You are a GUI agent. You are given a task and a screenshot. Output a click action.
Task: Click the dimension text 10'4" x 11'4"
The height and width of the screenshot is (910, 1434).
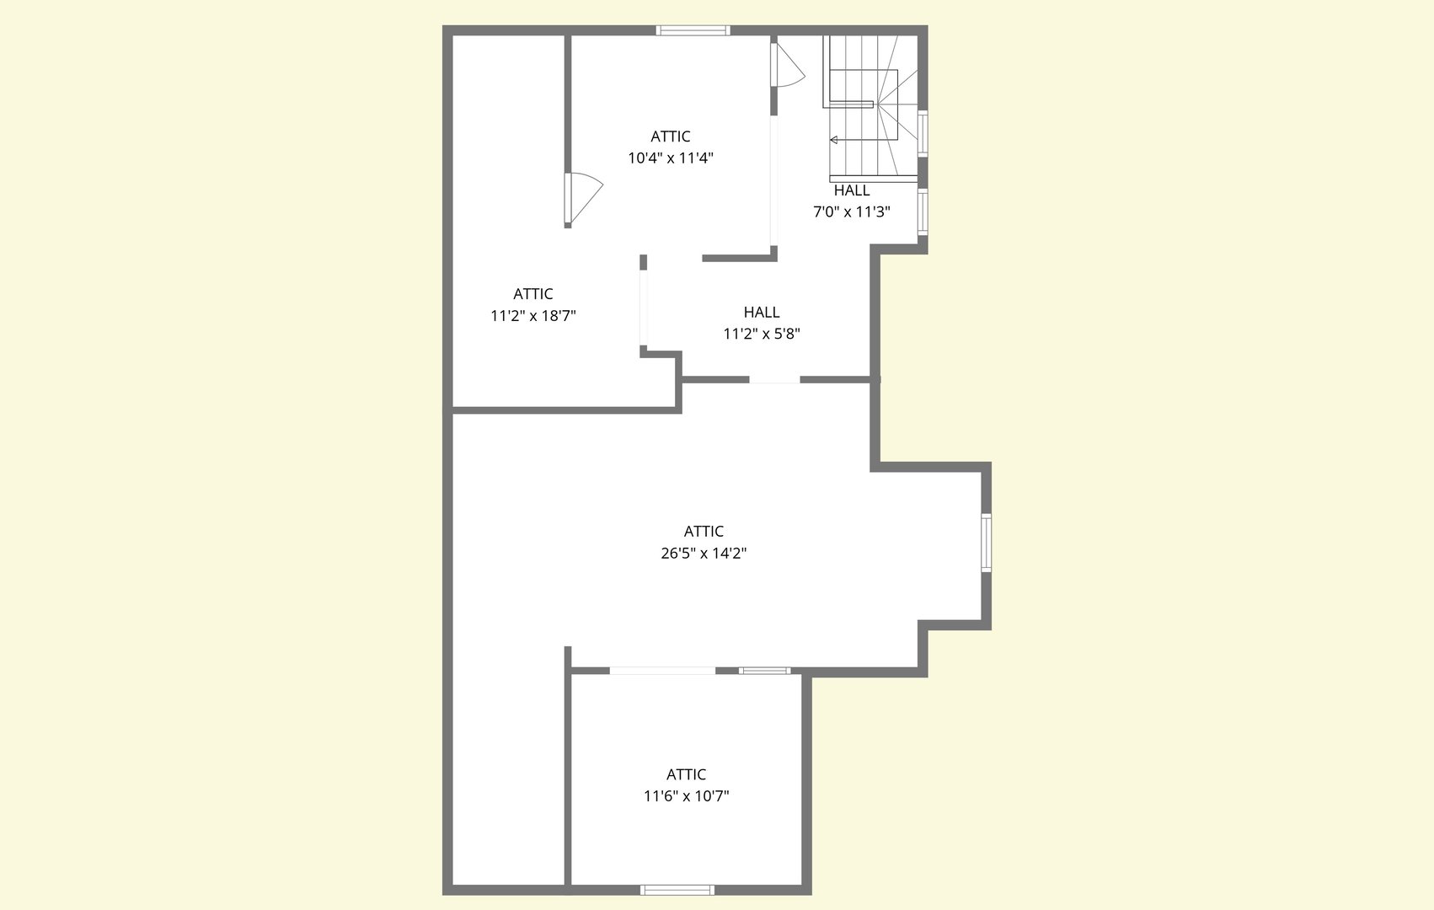pyautogui.click(x=671, y=158)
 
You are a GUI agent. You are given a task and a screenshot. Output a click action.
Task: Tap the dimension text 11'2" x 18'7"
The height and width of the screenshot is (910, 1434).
pyautogui.click(x=533, y=316)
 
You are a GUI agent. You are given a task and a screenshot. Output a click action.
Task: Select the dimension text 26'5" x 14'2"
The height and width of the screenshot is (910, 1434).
pyautogui.click(x=704, y=554)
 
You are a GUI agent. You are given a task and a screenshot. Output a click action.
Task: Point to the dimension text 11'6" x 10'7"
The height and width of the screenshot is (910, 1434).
pyautogui.click(x=687, y=796)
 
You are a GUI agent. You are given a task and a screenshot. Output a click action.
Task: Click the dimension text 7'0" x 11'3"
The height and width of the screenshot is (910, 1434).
pyautogui.click(x=852, y=212)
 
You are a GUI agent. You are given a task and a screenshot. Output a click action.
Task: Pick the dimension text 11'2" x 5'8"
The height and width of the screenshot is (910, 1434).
pyautogui.click(x=762, y=334)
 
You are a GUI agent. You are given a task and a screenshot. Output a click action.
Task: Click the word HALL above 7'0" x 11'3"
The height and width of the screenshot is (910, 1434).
pyautogui.click(x=852, y=190)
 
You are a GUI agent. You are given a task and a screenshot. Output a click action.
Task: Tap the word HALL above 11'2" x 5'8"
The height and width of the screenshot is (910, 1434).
pyautogui.click(x=762, y=312)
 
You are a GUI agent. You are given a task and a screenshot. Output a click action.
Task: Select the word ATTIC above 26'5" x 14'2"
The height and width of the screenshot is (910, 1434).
pyautogui.click(x=704, y=532)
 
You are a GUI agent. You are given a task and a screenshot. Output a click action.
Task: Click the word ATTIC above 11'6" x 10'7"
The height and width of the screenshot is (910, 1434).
pyautogui.click(x=687, y=774)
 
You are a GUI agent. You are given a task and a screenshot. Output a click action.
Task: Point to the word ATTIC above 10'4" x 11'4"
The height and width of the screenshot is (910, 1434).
pyautogui.click(x=671, y=136)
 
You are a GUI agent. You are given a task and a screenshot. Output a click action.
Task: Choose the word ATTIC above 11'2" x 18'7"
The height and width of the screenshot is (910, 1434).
pyautogui.click(x=533, y=294)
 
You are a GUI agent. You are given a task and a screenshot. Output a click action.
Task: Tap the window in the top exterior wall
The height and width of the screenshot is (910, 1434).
pyautogui.click(x=693, y=30)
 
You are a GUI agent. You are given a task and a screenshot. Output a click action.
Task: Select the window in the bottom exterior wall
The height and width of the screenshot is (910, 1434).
pyautogui.click(x=677, y=890)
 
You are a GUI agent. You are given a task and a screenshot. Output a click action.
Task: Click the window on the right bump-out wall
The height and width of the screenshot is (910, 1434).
pyautogui.click(x=987, y=543)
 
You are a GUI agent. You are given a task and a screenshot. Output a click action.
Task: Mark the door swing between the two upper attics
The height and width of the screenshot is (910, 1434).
pyautogui.click(x=584, y=198)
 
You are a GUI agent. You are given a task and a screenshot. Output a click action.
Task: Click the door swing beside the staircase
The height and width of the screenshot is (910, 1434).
pyautogui.click(x=788, y=64)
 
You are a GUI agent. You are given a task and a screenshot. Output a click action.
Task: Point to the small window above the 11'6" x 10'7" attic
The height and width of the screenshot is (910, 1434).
pyautogui.click(x=764, y=671)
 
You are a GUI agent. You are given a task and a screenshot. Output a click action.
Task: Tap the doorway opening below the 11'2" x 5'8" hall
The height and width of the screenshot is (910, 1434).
pyautogui.click(x=774, y=380)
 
